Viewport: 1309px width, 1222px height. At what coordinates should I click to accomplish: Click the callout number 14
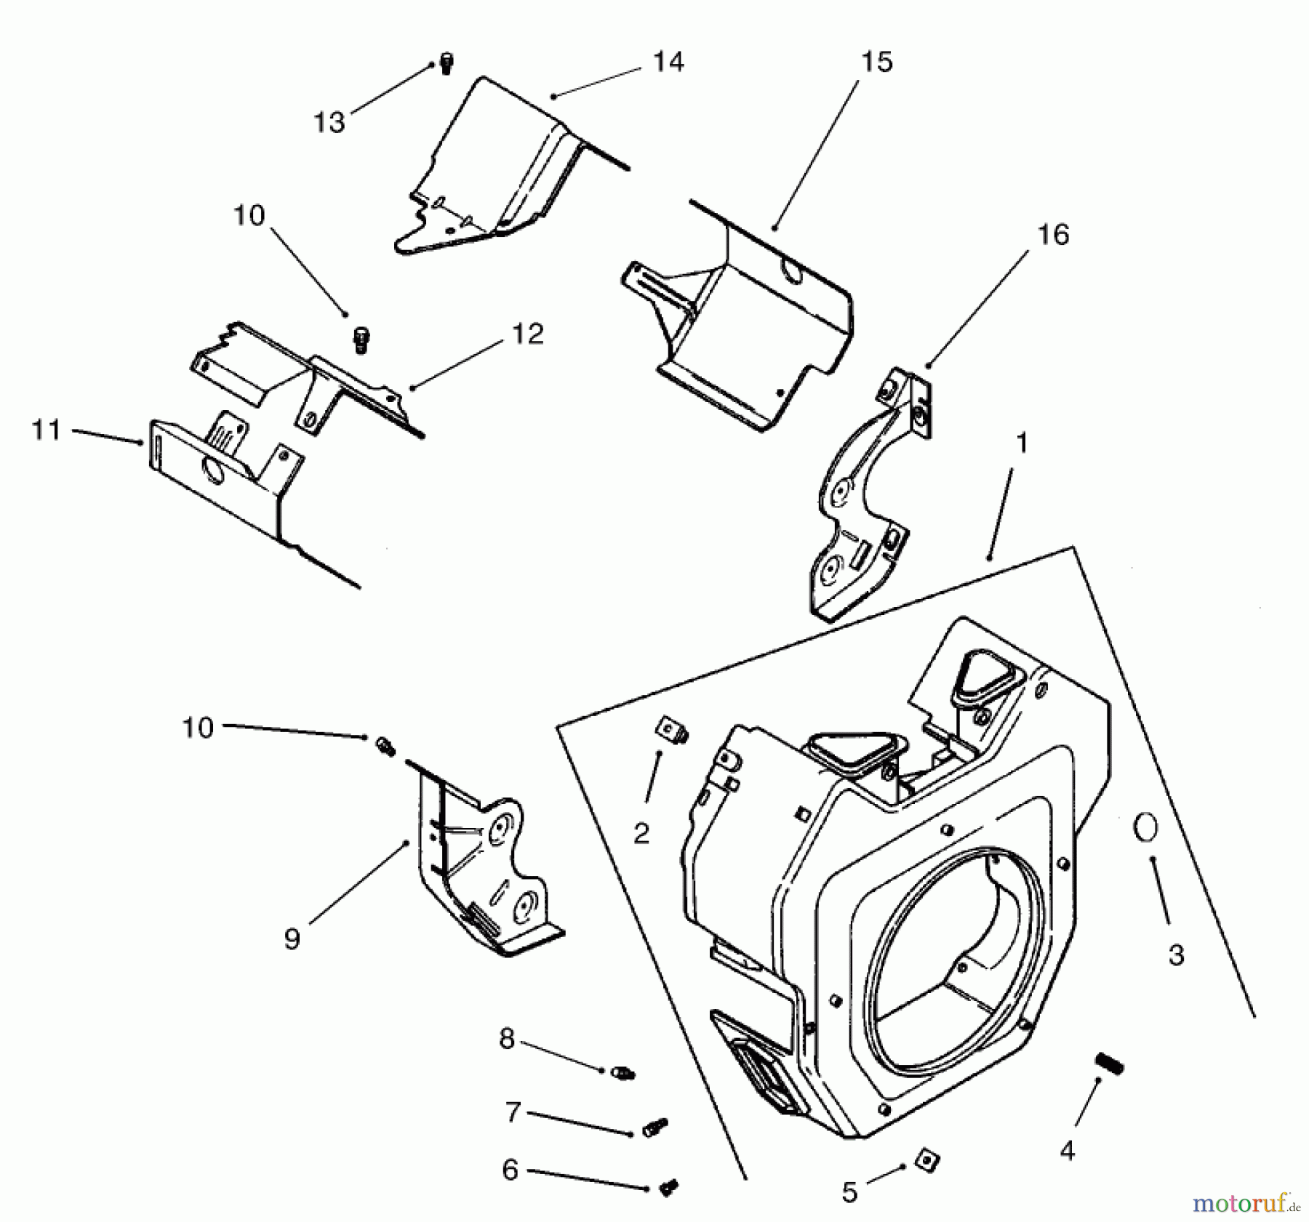668,62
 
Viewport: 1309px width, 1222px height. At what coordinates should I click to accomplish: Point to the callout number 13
329,122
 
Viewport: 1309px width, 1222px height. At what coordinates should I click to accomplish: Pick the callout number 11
47,430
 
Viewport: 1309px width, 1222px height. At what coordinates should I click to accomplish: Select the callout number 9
292,938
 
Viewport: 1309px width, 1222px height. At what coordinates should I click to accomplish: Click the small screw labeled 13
447,63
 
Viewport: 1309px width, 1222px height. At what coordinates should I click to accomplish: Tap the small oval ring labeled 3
1145,827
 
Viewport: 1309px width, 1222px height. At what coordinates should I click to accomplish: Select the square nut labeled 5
924,1157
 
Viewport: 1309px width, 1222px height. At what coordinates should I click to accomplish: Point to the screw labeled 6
668,1189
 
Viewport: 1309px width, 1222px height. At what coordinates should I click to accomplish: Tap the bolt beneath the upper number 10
361,339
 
